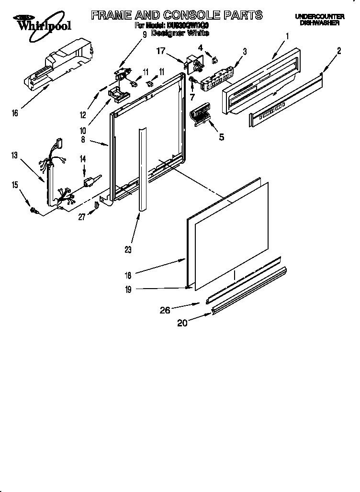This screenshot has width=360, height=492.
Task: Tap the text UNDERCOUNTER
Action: click(319, 17)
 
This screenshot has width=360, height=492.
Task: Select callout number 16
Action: click(15, 113)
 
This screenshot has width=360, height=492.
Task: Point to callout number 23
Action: click(128, 249)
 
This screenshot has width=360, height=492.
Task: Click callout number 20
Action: click(182, 323)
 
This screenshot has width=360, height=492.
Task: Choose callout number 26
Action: click(165, 310)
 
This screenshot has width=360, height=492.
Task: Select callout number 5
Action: click(221, 137)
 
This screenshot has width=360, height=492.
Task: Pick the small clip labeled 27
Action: click(97, 205)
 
